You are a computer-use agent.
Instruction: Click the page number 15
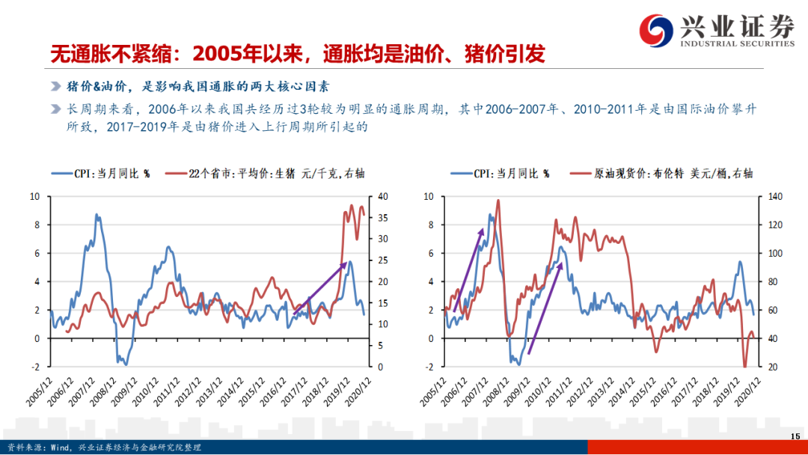coord(795,437)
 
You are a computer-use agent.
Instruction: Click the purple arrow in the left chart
coord(319,287)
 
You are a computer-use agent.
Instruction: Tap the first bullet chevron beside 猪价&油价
coord(55,86)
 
